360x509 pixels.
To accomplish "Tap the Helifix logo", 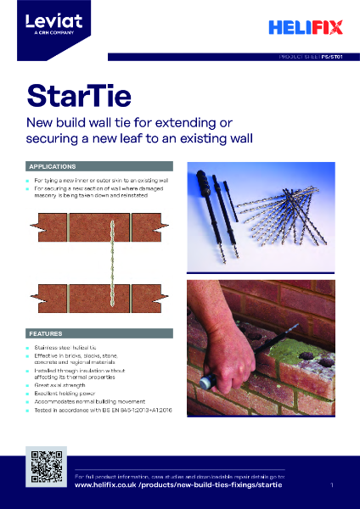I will [x=305, y=28].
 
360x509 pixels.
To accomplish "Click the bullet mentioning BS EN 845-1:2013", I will [x=102, y=410].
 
